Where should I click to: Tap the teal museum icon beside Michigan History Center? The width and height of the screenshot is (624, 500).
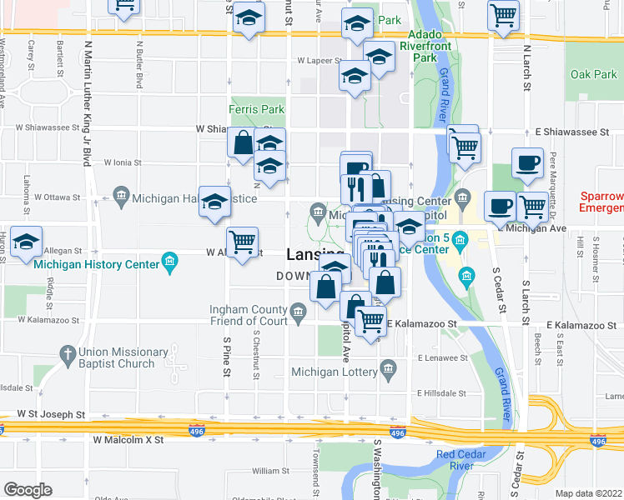[170, 262]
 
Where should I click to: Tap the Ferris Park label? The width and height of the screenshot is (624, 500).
[257, 109]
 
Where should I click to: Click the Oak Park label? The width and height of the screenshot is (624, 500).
[593, 74]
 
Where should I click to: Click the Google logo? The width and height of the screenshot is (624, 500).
[27, 490]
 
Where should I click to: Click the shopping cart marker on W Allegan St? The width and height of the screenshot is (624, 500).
[243, 242]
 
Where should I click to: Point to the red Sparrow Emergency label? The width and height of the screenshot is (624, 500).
[601, 201]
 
